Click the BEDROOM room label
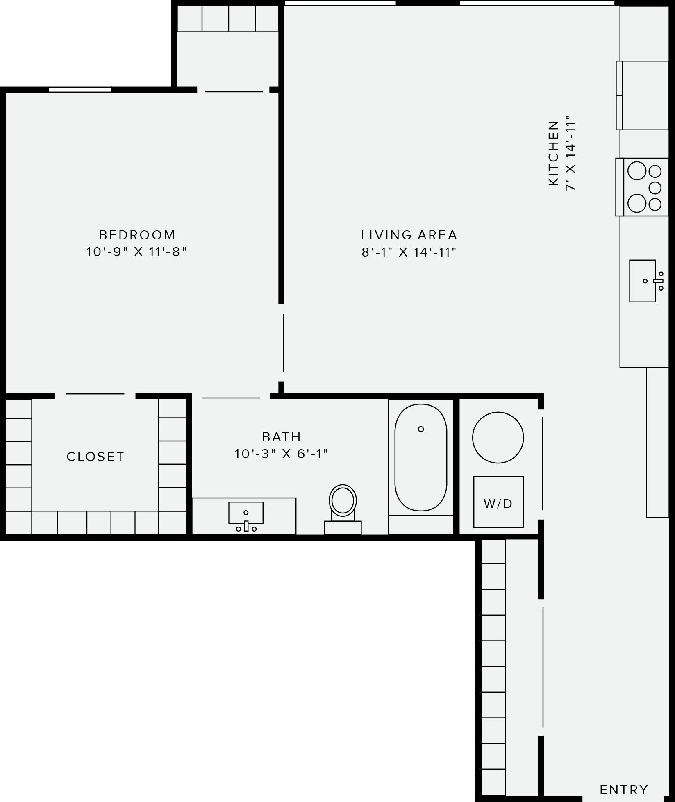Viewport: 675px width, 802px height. coord(137,235)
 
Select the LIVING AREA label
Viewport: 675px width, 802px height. coord(409,235)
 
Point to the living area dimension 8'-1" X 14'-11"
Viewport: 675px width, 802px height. coord(409,252)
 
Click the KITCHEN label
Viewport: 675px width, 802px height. coord(553,153)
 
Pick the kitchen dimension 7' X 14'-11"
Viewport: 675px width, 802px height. coord(570,155)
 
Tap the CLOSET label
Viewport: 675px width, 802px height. coord(95,457)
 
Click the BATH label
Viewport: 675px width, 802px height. coord(282,437)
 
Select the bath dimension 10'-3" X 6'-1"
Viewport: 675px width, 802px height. coord(281,454)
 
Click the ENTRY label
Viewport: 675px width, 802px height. coord(624,789)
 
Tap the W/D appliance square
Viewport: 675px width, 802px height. coord(498,502)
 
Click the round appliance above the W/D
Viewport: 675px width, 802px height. coord(498,438)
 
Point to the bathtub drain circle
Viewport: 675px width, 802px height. coord(420,429)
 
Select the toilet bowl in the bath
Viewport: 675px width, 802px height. coord(343,500)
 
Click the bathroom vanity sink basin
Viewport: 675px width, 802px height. coord(245,513)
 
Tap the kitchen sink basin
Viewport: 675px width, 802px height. coord(642,281)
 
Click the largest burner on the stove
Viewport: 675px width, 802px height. coord(637,171)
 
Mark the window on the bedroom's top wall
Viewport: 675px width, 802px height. coord(80,89)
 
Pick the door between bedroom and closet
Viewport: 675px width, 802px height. coord(95,394)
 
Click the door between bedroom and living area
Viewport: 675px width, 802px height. coord(283,343)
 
